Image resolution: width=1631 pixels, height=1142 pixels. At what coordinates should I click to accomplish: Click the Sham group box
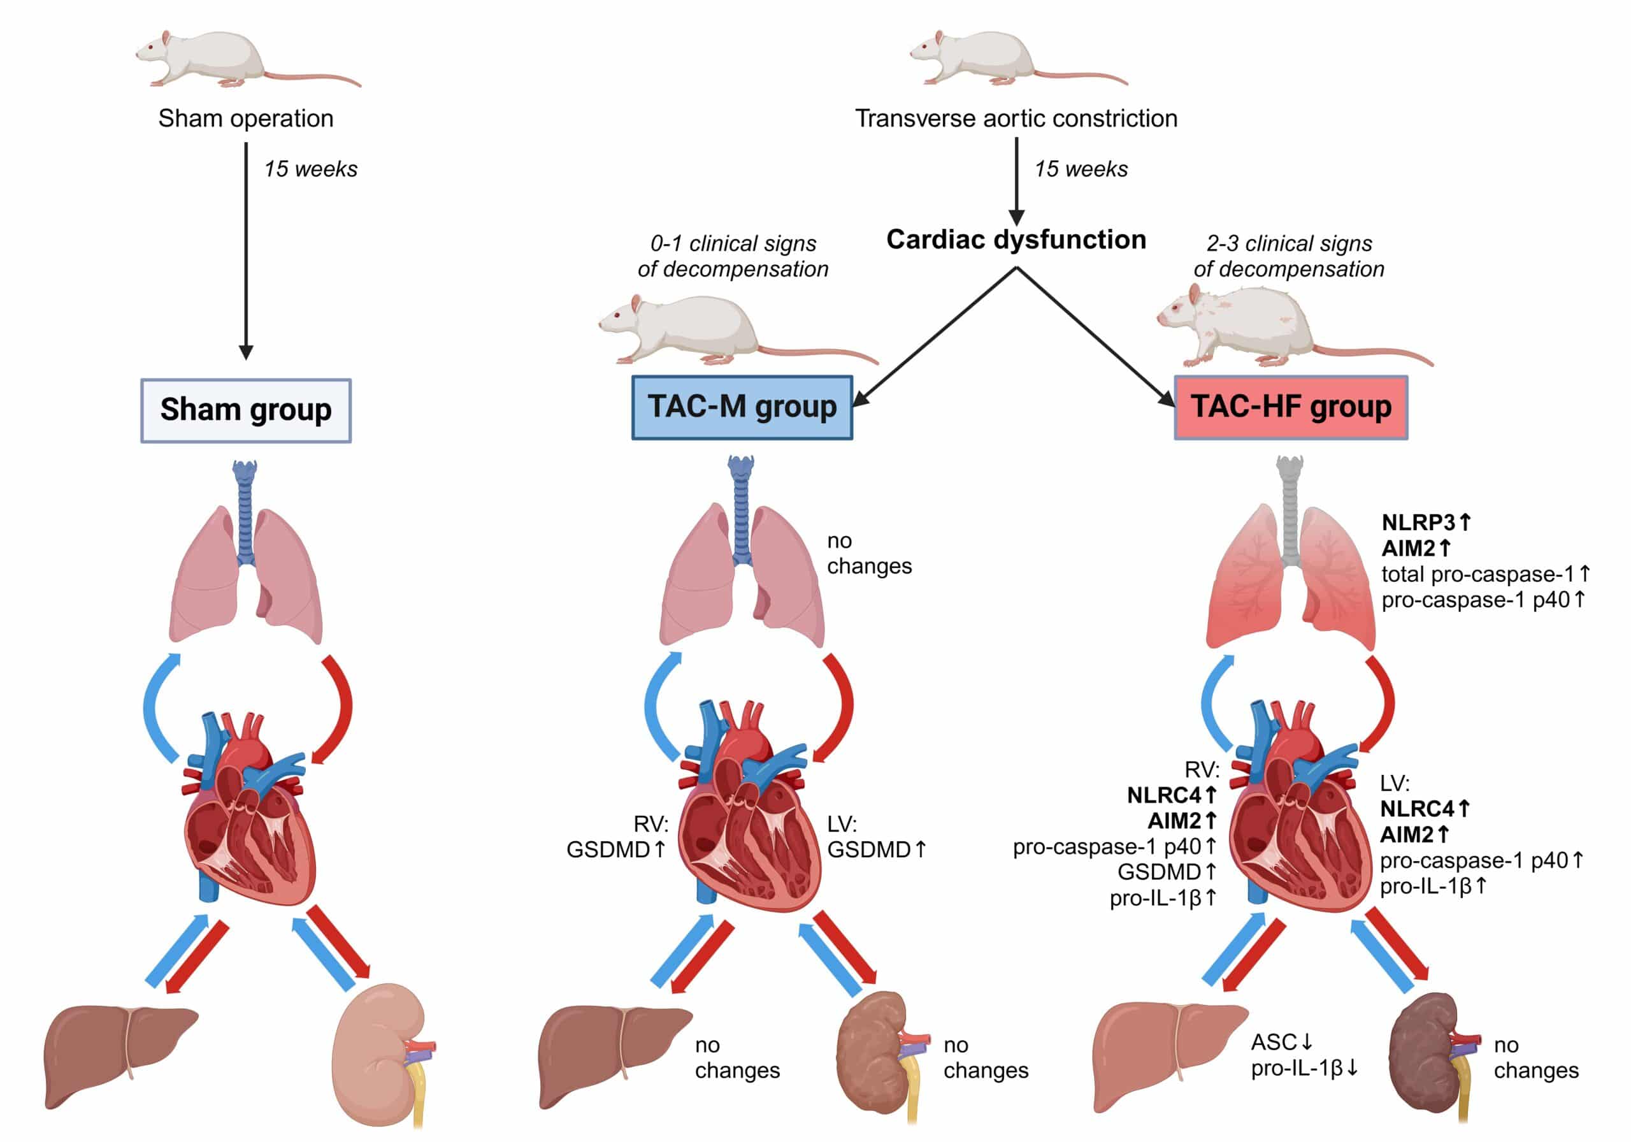246,411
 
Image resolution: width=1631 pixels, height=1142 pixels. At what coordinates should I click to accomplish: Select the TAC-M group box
742,407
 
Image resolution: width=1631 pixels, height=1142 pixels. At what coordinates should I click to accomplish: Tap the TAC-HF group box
1290,407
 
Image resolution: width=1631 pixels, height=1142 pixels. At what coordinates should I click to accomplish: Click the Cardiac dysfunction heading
1016,240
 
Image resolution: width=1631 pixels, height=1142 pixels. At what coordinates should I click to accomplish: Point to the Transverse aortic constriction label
1016,118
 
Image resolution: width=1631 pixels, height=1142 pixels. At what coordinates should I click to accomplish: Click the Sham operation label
246,118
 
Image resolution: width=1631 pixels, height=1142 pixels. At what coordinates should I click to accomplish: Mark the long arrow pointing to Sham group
246,249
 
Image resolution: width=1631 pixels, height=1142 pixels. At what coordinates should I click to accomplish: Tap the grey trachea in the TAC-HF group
1290,512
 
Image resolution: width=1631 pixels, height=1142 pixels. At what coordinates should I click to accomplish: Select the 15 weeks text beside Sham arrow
310,169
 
